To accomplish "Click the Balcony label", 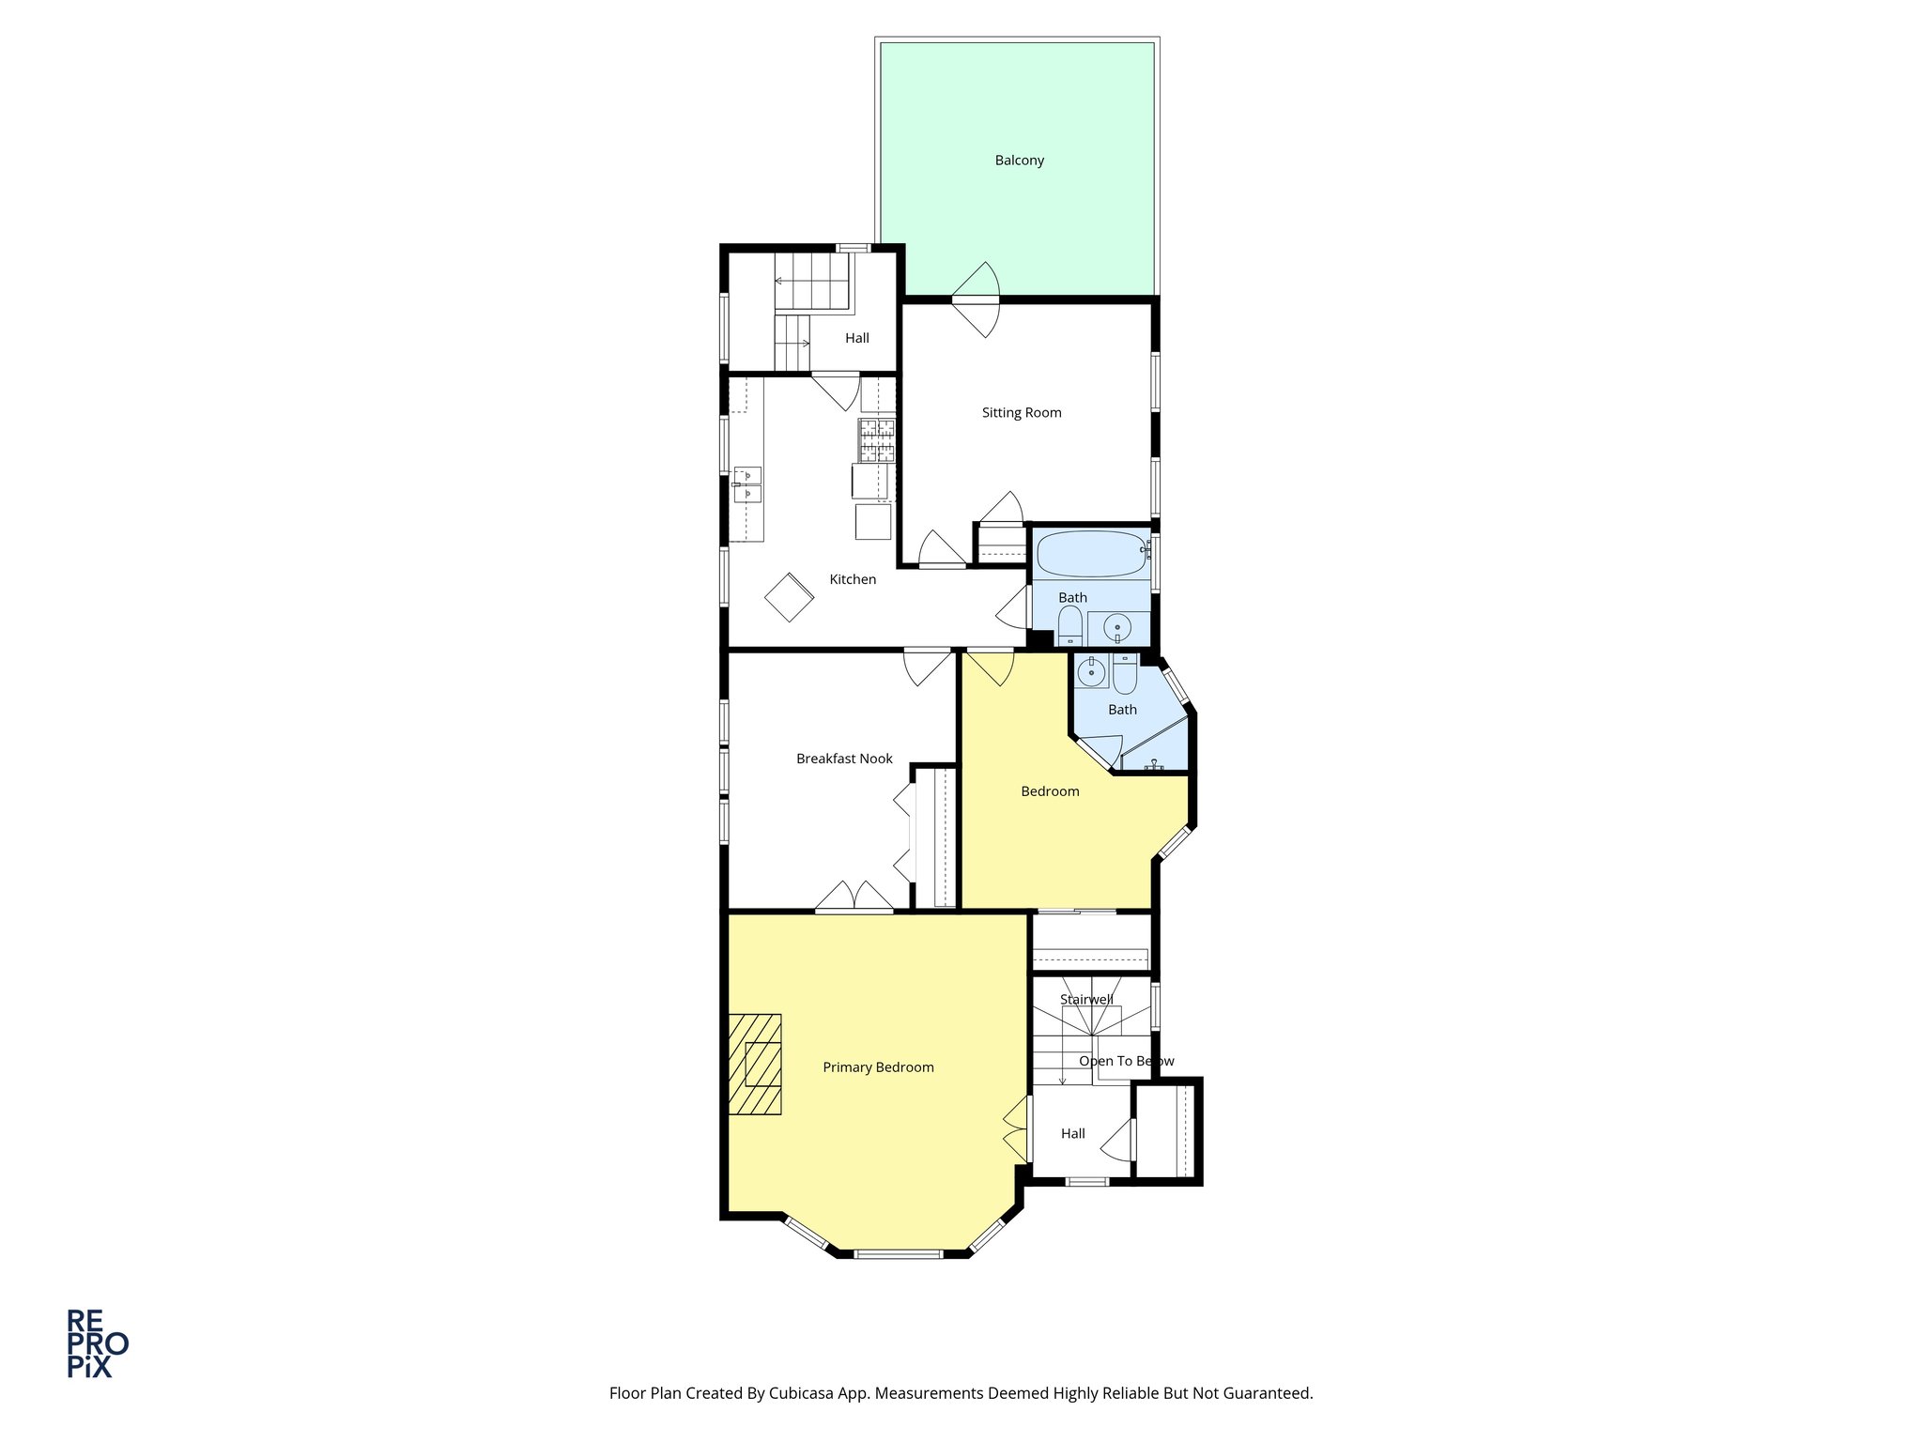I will pyautogui.click(x=1019, y=161).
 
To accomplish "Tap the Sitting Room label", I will pyautogui.click(x=1022, y=412).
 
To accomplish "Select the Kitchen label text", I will pyautogui.click(x=853, y=579).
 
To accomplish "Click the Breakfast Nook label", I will pyautogui.click(x=844, y=759).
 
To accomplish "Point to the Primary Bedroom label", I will pyautogui.click(x=878, y=1067).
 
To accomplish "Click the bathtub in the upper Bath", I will pyautogui.click(x=1090, y=554).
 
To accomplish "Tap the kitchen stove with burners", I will pyautogui.click(x=877, y=440).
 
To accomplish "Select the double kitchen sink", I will pyautogui.click(x=747, y=484).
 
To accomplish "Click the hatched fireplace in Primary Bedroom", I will pyautogui.click(x=755, y=1064).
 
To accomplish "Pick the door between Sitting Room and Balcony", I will pyautogui.click(x=977, y=299).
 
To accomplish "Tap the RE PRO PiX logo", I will pyautogui.click(x=97, y=1343).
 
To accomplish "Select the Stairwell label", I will pyautogui.click(x=1086, y=999).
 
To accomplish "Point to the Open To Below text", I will pyautogui.click(x=1126, y=1061).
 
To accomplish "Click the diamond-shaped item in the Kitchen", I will pyautogui.click(x=789, y=597).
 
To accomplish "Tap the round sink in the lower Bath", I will pyautogui.click(x=1090, y=671).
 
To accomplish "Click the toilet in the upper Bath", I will pyautogui.click(x=1069, y=625).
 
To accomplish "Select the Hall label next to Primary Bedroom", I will pyautogui.click(x=1072, y=1133).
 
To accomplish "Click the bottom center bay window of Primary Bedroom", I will pyautogui.click(x=899, y=1253).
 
